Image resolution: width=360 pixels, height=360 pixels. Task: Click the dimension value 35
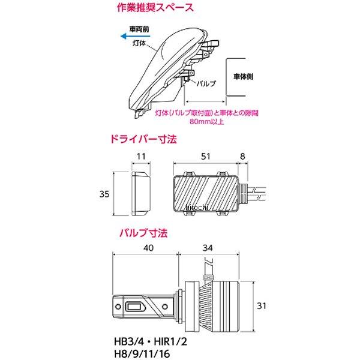tap(104, 194)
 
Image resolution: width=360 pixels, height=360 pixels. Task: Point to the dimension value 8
tap(242, 157)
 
